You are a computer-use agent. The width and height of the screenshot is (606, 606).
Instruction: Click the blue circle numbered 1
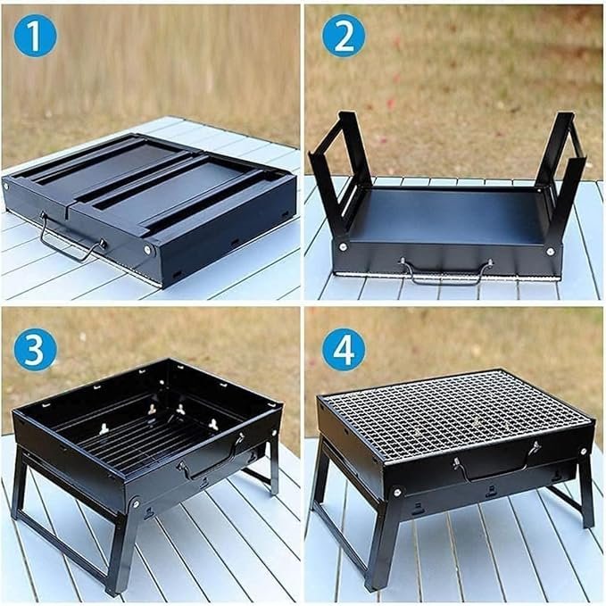(35, 36)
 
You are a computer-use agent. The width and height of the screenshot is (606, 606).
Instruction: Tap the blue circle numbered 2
(344, 36)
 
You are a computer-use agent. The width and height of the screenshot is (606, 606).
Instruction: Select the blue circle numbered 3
(35, 350)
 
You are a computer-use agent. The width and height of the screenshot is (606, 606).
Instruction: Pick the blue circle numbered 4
(344, 350)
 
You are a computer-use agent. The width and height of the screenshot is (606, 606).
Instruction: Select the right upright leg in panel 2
(560, 174)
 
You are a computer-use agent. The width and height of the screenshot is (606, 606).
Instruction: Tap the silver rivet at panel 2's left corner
(343, 247)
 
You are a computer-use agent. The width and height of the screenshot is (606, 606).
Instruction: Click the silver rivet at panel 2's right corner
(551, 252)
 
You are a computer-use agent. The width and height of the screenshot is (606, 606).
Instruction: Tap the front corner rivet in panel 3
(136, 503)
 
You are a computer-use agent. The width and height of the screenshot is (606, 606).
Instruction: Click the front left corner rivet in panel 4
(397, 492)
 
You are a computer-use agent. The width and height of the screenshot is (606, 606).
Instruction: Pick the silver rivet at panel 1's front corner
(147, 250)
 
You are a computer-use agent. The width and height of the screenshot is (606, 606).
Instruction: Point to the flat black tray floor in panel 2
(448, 216)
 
